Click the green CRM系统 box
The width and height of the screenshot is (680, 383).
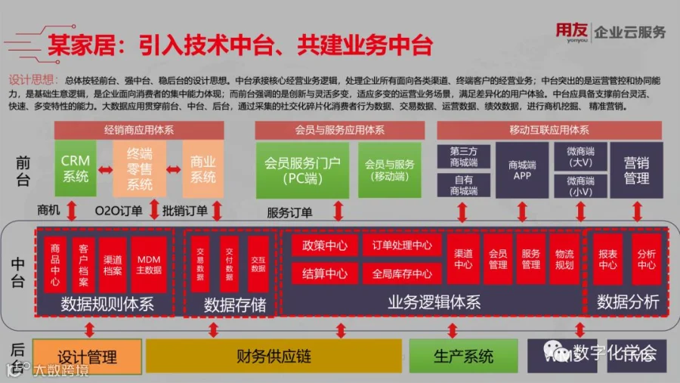[x=75, y=168]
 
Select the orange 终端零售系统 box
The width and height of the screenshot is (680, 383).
[x=139, y=168]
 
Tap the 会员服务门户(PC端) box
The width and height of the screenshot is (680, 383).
[x=302, y=170]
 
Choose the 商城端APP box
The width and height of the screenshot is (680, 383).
[x=522, y=169]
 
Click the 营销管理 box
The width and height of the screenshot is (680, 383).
[x=636, y=169]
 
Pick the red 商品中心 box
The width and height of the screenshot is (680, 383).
[x=55, y=265]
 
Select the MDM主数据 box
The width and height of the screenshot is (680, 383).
[x=148, y=265]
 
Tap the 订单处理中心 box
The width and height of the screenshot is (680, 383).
[x=401, y=246]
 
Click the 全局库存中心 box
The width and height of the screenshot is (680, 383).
[x=401, y=273]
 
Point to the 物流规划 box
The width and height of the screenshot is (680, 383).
[x=564, y=259]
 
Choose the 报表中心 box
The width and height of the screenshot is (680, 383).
[x=607, y=259]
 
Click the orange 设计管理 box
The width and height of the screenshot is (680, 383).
[x=87, y=357]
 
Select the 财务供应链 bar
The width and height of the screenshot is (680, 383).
[x=274, y=357]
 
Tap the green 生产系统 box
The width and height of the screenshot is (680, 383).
[x=463, y=357]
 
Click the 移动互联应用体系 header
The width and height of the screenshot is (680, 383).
[x=549, y=130]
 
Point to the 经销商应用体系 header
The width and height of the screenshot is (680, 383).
[x=139, y=130]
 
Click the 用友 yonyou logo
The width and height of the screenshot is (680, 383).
[x=571, y=32]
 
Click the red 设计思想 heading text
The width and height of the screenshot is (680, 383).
[x=33, y=79]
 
